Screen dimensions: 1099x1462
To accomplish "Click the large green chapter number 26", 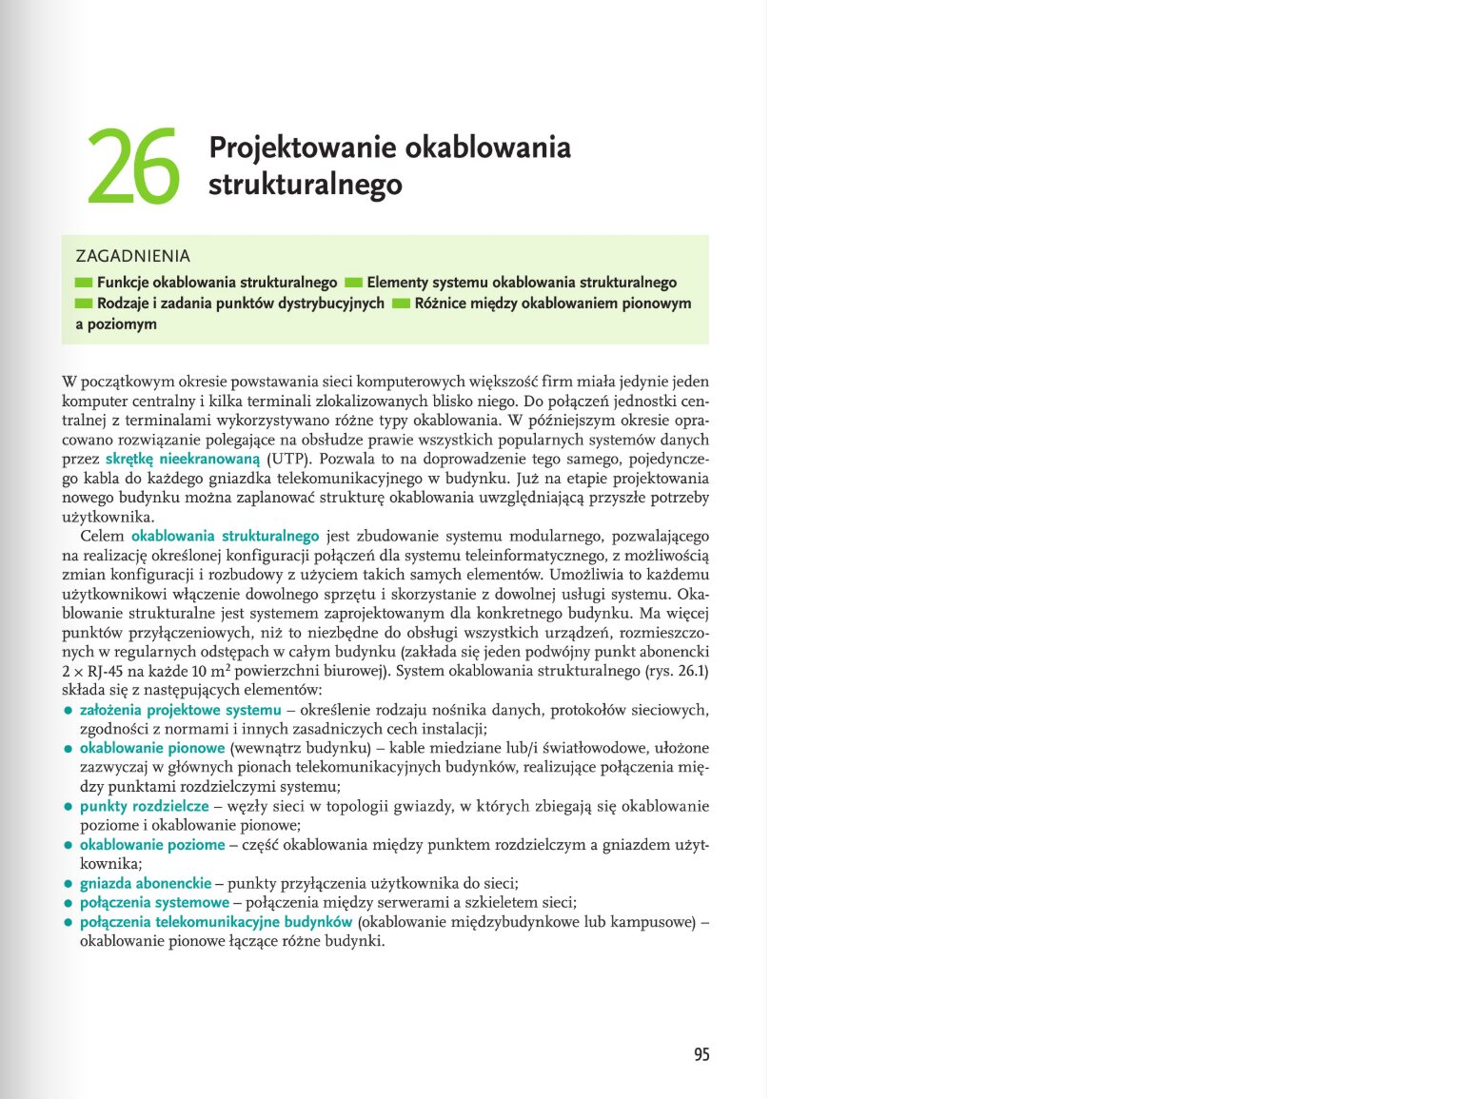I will click(x=133, y=167).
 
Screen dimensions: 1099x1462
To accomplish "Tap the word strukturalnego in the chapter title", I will click(x=305, y=185).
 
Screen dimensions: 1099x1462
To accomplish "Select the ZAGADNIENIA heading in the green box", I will click(x=133, y=256).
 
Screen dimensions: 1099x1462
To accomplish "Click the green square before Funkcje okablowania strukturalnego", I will click(x=84, y=283).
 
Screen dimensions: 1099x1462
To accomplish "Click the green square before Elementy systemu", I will click(x=353, y=283).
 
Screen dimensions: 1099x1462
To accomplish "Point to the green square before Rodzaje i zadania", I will click(x=84, y=304).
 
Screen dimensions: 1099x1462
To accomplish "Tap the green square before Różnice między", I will click(x=401, y=304).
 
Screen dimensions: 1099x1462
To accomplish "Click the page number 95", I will click(x=701, y=1054).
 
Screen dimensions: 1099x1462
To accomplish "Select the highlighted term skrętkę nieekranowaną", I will click(x=182, y=460).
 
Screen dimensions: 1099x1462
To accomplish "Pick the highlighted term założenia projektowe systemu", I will click(x=181, y=711).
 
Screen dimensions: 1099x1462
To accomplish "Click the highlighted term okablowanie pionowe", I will click(x=152, y=749).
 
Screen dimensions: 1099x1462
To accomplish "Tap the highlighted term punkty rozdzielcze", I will click(x=144, y=807).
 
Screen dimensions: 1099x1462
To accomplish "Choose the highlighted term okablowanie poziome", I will click(x=152, y=845).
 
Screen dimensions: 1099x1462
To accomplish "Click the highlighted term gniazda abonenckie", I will click(x=146, y=884).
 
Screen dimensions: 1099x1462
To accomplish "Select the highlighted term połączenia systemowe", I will click(x=154, y=903).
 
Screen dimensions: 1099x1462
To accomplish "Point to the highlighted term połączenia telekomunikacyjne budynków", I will click(x=216, y=922).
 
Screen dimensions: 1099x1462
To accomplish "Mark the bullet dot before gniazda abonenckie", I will click(x=69, y=884).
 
